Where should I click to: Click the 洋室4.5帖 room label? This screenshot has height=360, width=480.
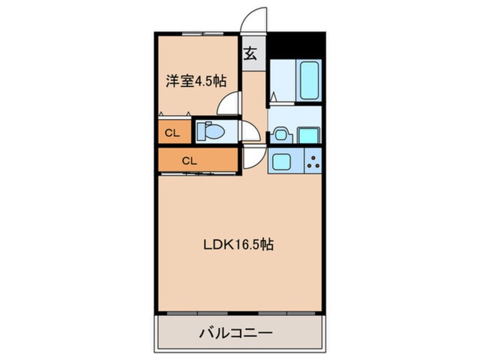196,81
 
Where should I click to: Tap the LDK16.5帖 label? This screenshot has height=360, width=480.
238,245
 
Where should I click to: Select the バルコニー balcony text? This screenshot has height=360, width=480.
235,333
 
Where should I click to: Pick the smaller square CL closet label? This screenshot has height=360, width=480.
172,133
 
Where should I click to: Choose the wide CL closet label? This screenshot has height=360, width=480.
190,161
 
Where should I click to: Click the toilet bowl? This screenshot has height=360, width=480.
211,131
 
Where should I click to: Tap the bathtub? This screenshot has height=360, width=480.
309,80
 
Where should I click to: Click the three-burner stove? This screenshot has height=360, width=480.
313,161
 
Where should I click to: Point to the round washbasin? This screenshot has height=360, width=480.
280,135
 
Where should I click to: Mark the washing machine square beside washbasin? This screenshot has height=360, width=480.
309,135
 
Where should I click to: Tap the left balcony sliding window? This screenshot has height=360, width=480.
197,313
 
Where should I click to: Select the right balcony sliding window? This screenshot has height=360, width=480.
287,313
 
